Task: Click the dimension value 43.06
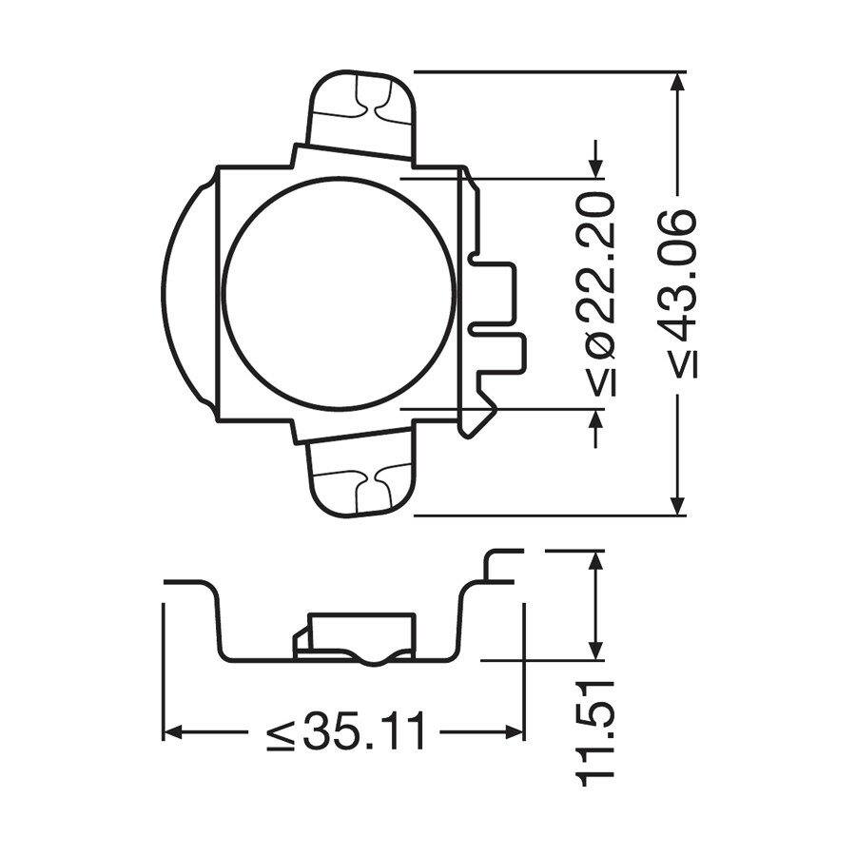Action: [677, 271]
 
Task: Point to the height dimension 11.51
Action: [596, 730]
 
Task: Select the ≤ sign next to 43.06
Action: [677, 362]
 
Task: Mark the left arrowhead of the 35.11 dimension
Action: [174, 732]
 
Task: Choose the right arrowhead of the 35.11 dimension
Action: [514, 732]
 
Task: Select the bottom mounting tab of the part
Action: [362, 480]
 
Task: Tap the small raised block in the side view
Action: [354, 635]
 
